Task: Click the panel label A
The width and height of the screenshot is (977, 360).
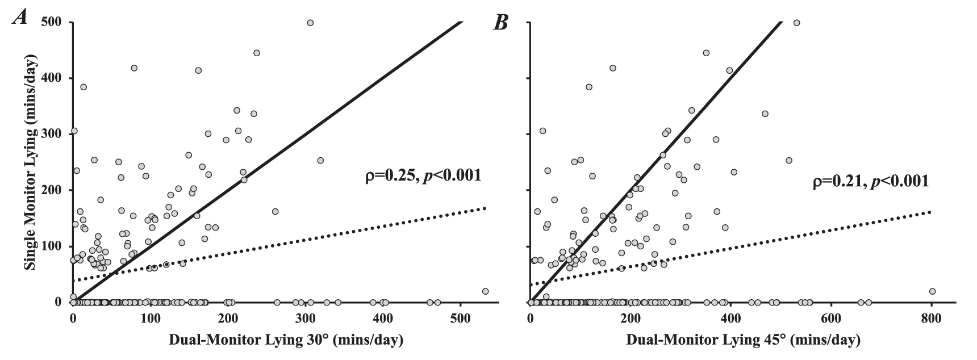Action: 21,18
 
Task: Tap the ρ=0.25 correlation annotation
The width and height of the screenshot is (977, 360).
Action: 423,175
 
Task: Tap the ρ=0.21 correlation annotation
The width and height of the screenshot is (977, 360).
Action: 870,182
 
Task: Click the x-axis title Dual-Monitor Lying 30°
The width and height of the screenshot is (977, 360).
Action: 286,341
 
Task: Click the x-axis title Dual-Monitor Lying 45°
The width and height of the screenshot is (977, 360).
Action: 743,341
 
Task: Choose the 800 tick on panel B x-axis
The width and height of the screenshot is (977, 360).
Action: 932,317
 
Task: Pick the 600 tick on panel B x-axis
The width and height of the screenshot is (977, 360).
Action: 831,317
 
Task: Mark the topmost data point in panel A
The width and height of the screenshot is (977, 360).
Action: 310,23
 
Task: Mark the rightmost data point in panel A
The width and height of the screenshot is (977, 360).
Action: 485,291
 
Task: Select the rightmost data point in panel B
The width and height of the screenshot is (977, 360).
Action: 932,291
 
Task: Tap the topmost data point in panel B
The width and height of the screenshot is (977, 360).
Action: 796,23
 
